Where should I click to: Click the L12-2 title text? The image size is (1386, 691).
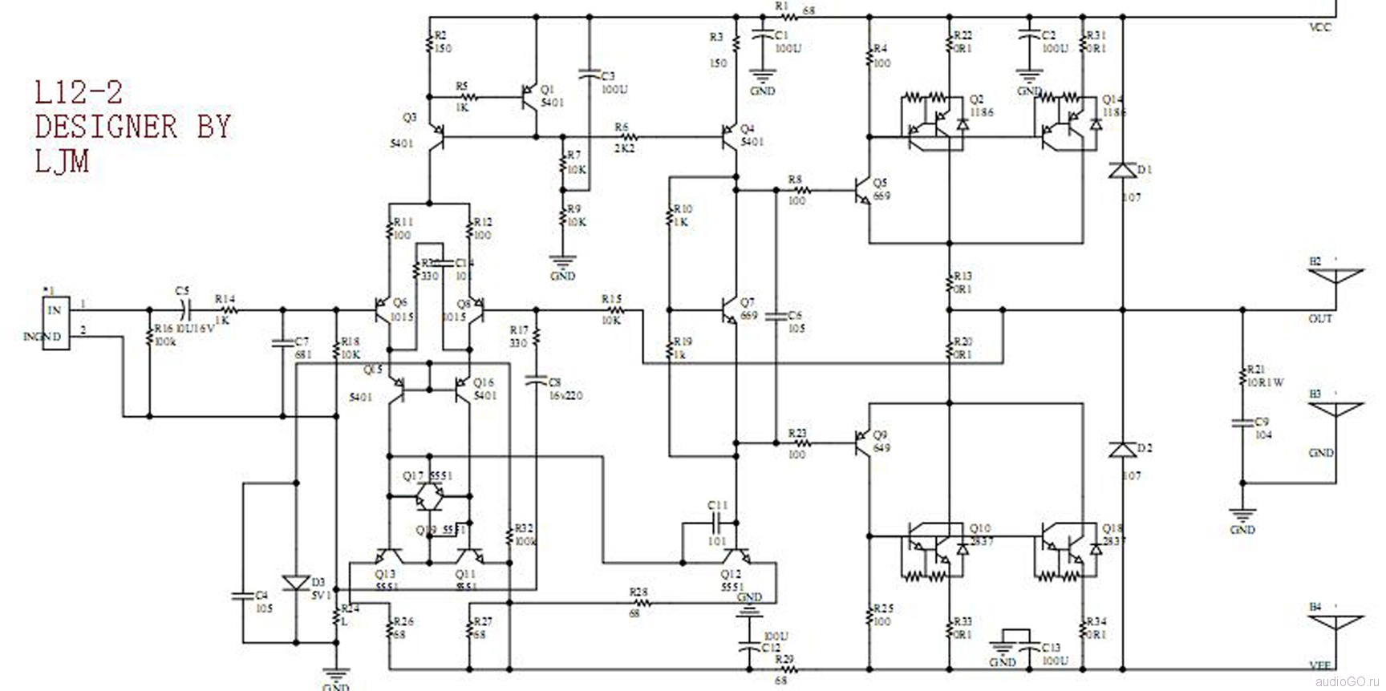pos(79,94)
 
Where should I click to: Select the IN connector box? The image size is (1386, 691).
pos(54,322)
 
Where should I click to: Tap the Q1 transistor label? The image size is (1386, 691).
pos(547,89)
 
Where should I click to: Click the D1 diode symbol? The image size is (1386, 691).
pos(1122,170)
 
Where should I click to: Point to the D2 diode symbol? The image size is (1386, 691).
pos(1122,450)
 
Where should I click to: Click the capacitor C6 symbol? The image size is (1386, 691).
pos(776,316)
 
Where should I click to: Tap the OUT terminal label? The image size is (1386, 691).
pos(1320,318)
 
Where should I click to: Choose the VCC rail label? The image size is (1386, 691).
pos(1320,27)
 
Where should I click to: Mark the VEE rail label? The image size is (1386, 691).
pos(1320,665)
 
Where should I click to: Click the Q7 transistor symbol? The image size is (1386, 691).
pos(728,309)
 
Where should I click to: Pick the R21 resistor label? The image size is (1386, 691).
pos(1255,369)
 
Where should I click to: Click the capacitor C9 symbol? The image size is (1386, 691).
pos(1242,422)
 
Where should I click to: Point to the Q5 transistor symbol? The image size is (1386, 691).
pos(861,191)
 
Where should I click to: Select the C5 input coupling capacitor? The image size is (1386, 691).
pos(183,309)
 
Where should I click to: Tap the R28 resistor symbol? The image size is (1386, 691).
pos(638,603)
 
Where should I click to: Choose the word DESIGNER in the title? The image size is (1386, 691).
pos(105,127)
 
